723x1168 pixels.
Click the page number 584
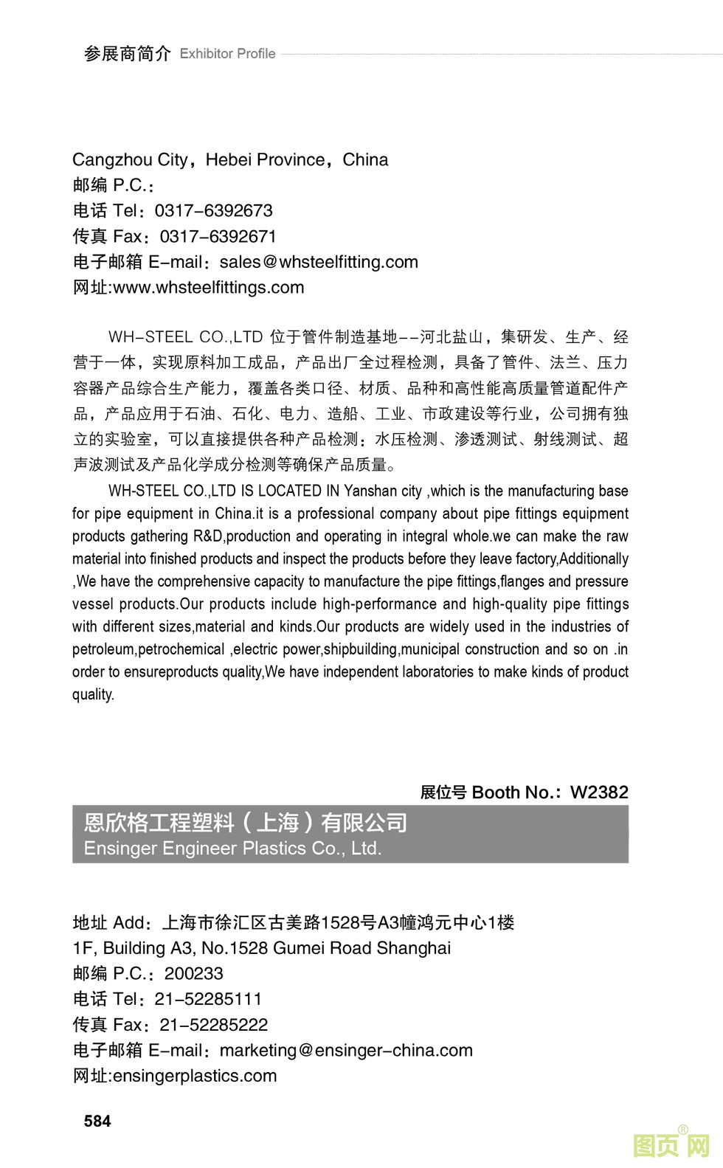[97, 1121]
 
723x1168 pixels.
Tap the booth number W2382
[599, 792]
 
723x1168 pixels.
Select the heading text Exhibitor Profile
[227, 54]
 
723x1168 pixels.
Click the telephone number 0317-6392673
[213, 211]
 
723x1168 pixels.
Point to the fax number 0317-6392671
[218, 237]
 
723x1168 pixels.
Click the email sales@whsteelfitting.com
[319, 262]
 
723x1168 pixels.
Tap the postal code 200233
[193, 974]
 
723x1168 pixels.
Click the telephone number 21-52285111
[208, 1000]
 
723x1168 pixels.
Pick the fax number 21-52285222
[213, 1025]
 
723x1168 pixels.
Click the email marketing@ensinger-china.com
[346, 1051]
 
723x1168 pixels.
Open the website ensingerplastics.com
[194, 1076]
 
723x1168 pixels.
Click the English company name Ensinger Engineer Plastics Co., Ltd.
[232, 849]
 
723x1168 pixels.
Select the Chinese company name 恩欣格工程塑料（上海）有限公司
[246, 823]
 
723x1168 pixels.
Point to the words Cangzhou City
[130, 160]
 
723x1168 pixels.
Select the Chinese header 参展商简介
[127, 54]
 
